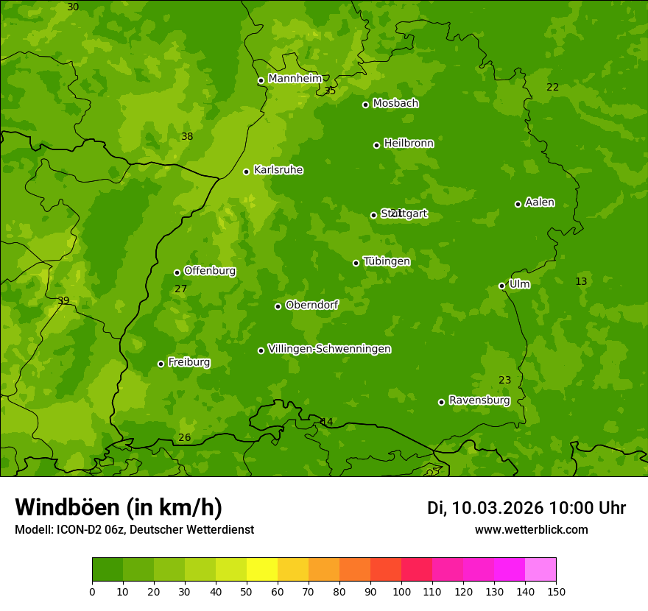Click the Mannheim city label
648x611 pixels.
(x=295, y=79)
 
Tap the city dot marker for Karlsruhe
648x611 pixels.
(x=246, y=172)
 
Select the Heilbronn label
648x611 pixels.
(x=409, y=144)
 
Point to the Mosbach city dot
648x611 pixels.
(x=365, y=105)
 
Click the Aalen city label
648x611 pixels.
(x=540, y=202)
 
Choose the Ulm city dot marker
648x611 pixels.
(x=501, y=286)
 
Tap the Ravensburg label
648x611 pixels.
(x=479, y=400)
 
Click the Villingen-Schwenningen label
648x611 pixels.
(x=329, y=349)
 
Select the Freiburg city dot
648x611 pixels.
(x=161, y=364)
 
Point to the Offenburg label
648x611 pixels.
(x=210, y=271)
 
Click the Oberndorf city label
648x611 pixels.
(x=312, y=305)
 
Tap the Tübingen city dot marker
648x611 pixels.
(x=356, y=263)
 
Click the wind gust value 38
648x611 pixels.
(x=187, y=136)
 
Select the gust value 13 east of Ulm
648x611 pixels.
(x=581, y=281)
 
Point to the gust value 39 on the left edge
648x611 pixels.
(x=63, y=300)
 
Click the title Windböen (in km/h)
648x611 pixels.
(x=119, y=507)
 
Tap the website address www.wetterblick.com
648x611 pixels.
(x=531, y=529)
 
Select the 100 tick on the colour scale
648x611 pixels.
(x=401, y=591)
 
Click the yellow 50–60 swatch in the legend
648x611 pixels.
(x=262, y=570)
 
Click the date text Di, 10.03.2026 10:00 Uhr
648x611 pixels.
(x=526, y=508)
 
